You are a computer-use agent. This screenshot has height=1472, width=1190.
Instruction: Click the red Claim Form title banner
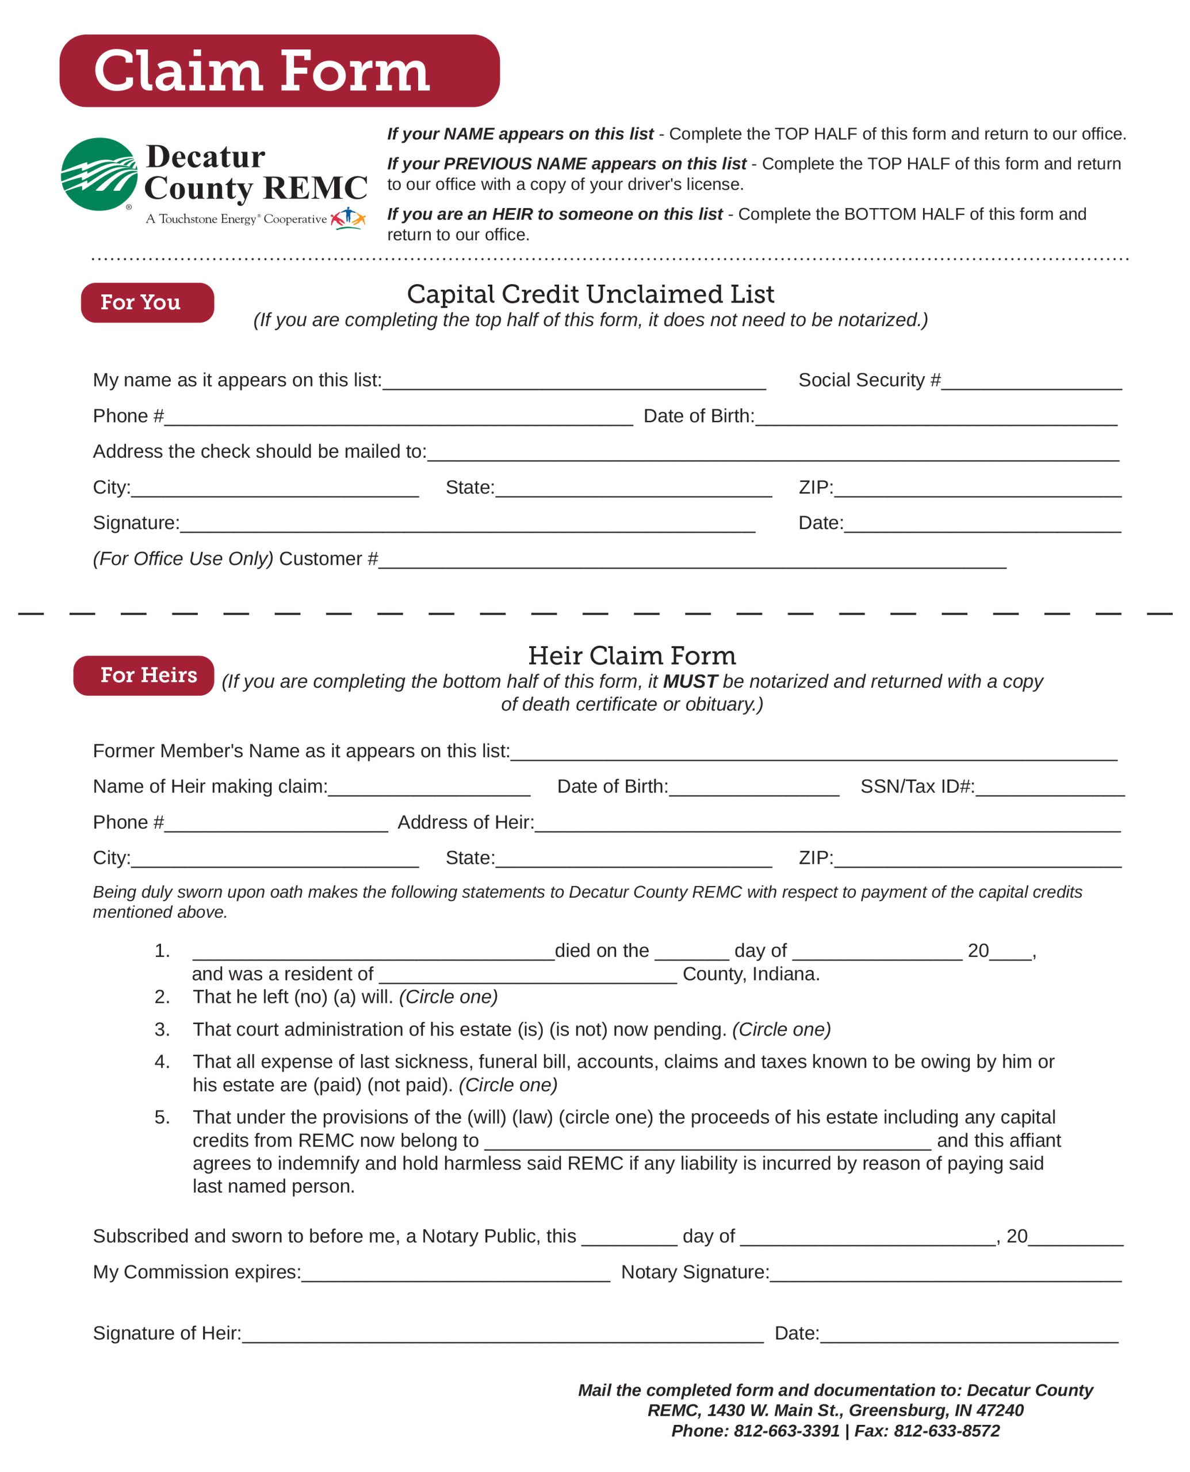279,71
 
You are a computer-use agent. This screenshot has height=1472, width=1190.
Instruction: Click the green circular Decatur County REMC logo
100,174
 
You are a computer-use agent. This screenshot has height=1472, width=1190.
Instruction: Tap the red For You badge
147,302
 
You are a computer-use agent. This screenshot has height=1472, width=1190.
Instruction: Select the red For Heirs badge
144,675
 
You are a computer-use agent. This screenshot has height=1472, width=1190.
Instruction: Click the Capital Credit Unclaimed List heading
590,294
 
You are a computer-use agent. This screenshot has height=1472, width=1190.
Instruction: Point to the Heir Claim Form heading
632,655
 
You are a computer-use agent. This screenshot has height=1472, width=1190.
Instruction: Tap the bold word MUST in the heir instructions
690,681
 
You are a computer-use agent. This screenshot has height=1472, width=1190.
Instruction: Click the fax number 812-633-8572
947,1431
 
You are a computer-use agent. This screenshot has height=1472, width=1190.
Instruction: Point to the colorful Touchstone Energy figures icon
348,218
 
